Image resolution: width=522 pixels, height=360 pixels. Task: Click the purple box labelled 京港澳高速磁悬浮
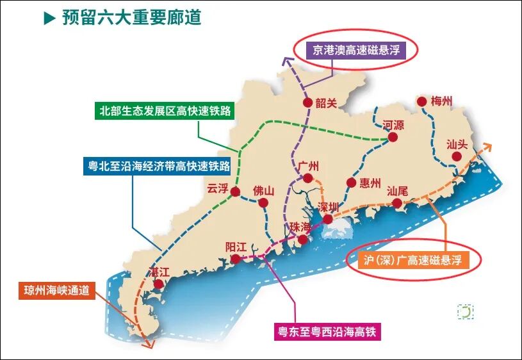(x=355, y=50)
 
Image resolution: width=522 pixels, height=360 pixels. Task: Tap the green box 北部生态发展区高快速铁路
(x=164, y=111)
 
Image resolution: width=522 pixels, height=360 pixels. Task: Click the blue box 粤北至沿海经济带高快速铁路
(x=158, y=167)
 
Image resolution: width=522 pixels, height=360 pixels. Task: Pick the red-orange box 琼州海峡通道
(x=56, y=290)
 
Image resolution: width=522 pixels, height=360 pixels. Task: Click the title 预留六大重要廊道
(x=131, y=17)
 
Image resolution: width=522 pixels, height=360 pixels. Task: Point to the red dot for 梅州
(x=421, y=101)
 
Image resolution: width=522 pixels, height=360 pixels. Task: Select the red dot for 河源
(x=393, y=137)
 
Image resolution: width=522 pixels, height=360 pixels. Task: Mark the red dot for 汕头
(x=456, y=156)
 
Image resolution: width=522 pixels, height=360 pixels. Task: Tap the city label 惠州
(x=370, y=183)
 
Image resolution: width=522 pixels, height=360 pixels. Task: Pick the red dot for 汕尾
(x=397, y=204)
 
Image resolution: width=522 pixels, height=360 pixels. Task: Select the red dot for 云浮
(x=235, y=192)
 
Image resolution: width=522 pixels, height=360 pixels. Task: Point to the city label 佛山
(x=263, y=190)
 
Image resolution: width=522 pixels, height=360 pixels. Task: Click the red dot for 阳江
(x=236, y=259)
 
